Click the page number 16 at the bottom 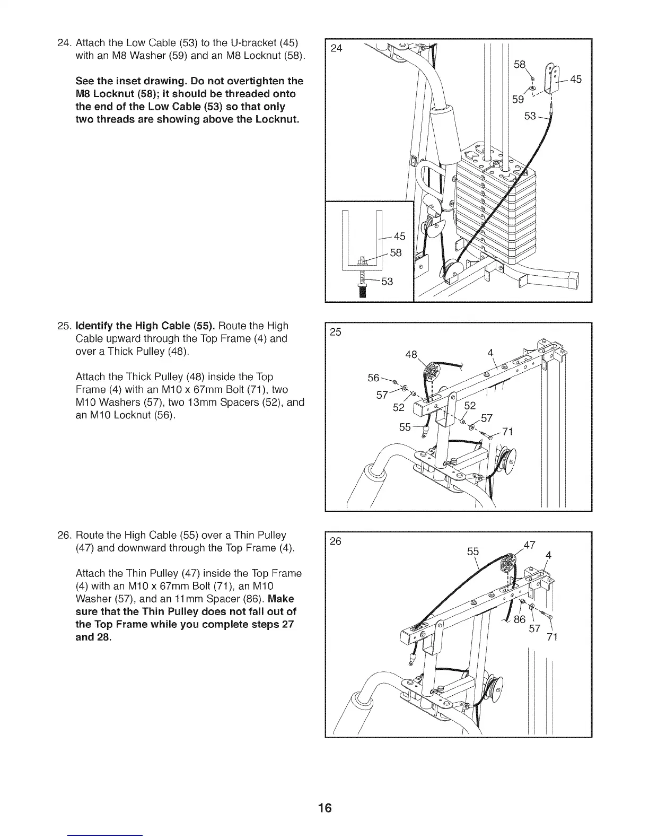[x=324, y=808]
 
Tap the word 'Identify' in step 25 [x=98, y=326]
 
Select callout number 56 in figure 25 [x=374, y=378]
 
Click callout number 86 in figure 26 [x=520, y=619]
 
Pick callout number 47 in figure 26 [x=530, y=545]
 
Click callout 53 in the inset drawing [x=387, y=282]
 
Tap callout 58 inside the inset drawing [x=396, y=253]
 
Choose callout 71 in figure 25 [x=507, y=432]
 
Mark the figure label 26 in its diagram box [x=336, y=541]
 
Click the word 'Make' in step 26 [x=281, y=599]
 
